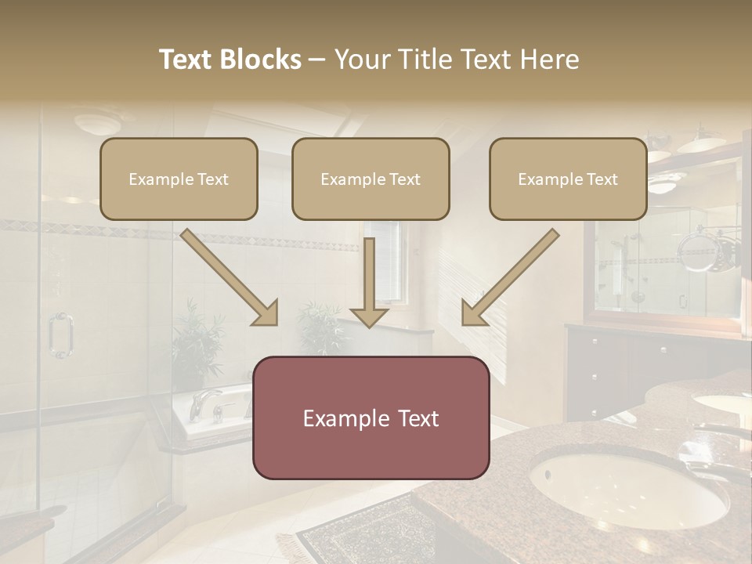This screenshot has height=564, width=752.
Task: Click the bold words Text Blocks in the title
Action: [x=230, y=60]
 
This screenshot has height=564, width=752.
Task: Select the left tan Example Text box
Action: [x=179, y=179]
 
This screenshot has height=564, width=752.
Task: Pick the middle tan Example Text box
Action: [x=371, y=179]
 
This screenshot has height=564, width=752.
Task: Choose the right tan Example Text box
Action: [x=568, y=179]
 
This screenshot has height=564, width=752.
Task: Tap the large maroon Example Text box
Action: [x=371, y=418]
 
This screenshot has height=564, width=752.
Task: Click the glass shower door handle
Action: [x=60, y=335]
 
